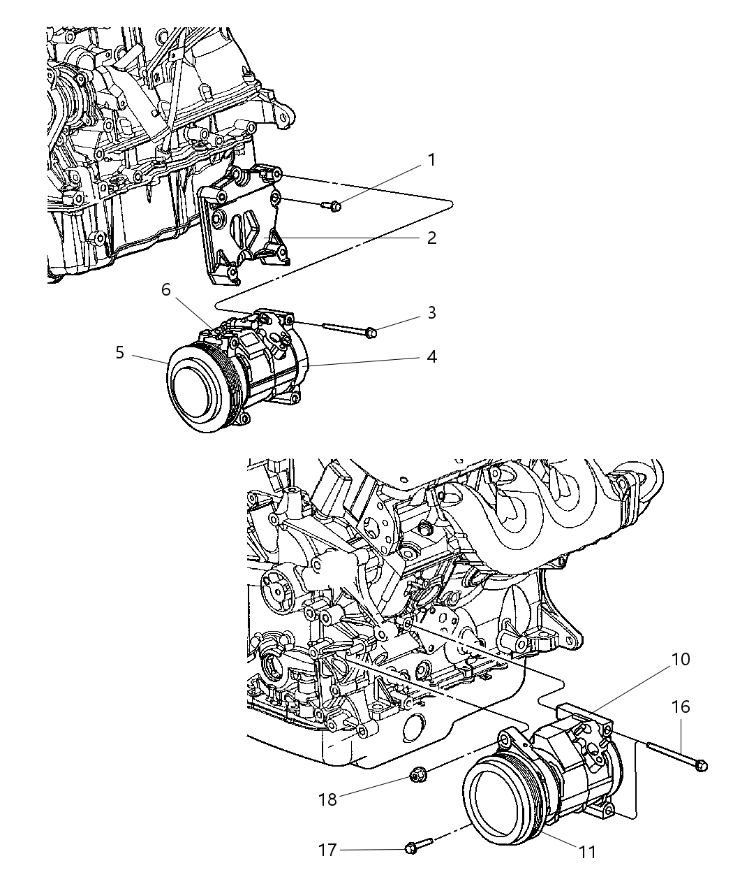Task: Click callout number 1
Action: [x=431, y=160]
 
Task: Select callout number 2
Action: [x=431, y=238]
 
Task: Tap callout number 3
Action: [x=431, y=312]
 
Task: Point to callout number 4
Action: [x=431, y=357]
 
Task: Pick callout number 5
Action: [x=120, y=353]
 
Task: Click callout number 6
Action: [x=166, y=289]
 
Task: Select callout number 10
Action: [x=681, y=659]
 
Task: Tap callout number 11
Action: [x=588, y=851]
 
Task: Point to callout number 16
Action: [x=681, y=707]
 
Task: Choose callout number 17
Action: [x=328, y=850]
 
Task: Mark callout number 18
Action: [x=327, y=799]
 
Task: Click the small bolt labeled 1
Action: [x=332, y=205]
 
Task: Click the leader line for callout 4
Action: [x=370, y=361]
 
